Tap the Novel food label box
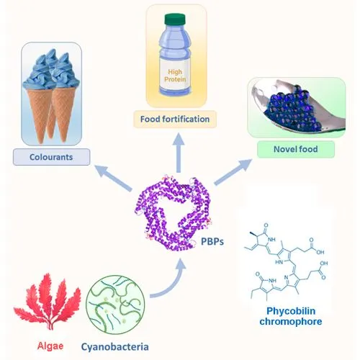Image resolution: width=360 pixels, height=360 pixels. (x=295, y=150)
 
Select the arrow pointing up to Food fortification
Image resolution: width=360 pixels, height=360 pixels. (x=177, y=154)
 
